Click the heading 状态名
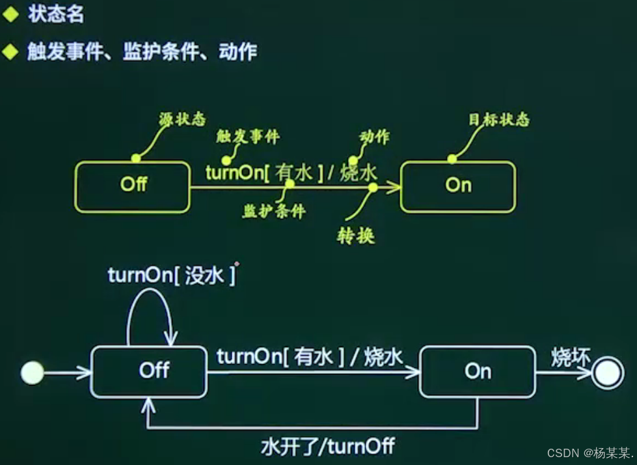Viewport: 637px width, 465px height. pos(56,15)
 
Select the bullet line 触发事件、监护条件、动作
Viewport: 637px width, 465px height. pos(142,51)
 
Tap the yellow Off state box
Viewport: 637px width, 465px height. pos(133,186)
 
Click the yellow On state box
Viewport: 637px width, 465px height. pos(458,186)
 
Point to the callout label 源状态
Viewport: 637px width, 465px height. pos(182,119)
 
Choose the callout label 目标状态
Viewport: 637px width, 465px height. pos(499,120)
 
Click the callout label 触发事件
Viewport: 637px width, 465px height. pos(248,136)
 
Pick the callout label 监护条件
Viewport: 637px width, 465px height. pos(274,211)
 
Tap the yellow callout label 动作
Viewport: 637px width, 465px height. pos(374,137)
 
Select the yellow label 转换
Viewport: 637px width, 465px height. pos(355,236)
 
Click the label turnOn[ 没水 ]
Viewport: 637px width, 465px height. pos(172,275)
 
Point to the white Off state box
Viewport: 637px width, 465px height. pos(148,371)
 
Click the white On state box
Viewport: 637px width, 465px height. pos(477,372)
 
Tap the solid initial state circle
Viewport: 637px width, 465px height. pos(33,373)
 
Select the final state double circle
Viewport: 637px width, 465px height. pos(608,373)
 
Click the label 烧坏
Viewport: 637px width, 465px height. pos(571,358)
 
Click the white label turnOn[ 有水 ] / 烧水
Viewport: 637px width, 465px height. pos(310,357)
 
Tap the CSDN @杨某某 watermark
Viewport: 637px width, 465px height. pos(589,453)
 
